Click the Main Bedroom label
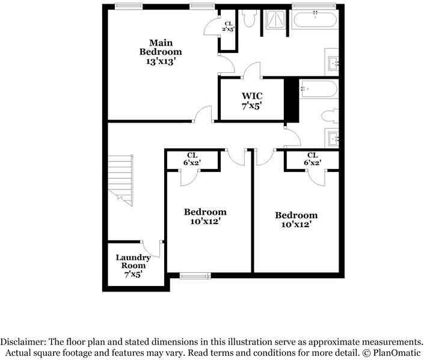(161, 52)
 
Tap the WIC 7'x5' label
(252, 101)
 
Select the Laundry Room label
(133, 266)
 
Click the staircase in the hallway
(121, 180)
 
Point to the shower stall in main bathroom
(275, 19)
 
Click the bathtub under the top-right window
(315, 19)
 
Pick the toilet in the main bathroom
(249, 18)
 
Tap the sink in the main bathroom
(333, 64)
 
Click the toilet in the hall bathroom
(330, 116)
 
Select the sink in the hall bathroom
(333, 138)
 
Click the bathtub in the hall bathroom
(319, 89)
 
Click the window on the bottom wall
(195, 276)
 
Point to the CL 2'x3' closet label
(228, 27)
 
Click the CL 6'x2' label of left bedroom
(192, 159)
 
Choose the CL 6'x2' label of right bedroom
(312, 159)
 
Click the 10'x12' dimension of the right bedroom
(296, 224)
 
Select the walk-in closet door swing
(252, 70)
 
